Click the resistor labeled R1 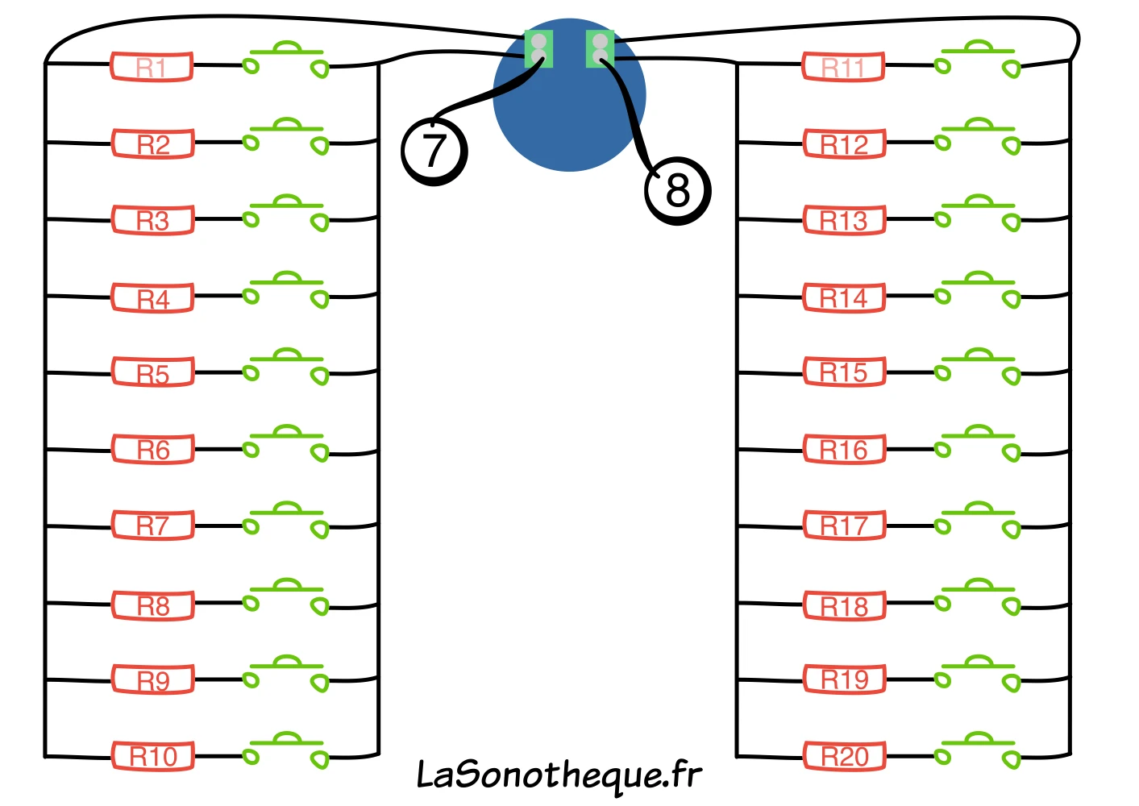(x=152, y=67)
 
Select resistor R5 (x=152, y=372)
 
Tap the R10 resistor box (x=152, y=756)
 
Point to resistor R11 (x=844, y=67)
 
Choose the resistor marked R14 (x=844, y=297)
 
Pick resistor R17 (x=845, y=525)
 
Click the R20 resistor (x=845, y=756)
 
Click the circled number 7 (x=434, y=151)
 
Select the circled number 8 (x=677, y=190)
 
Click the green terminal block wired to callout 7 (x=538, y=49)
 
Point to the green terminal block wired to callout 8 (x=600, y=49)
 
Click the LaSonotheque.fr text (x=559, y=776)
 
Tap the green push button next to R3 (x=286, y=213)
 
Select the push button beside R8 (x=286, y=596)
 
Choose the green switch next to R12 (x=977, y=135)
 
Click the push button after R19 (x=977, y=673)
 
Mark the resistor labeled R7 (x=152, y=525)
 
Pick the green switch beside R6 (x=286, y=443)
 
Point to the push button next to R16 (x=977, y=443)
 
